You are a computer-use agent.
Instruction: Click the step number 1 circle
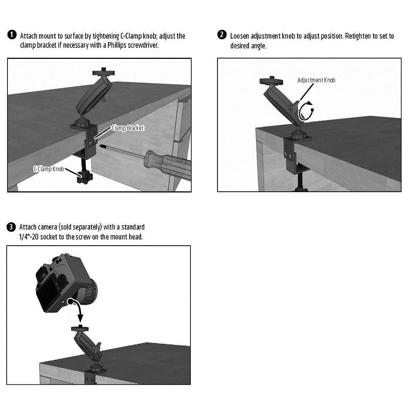tap(12, 35)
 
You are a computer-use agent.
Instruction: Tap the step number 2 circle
tap(222, 35)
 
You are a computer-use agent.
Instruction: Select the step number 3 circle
tap(11, 227)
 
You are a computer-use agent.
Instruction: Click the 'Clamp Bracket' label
tap(127, 128)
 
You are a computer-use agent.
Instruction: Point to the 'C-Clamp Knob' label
tap(48, 169)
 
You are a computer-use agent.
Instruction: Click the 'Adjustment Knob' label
tap(316, 80)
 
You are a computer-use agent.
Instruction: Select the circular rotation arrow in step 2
tap(306, 112)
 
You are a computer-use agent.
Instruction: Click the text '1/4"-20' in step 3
tap(30, 237)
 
